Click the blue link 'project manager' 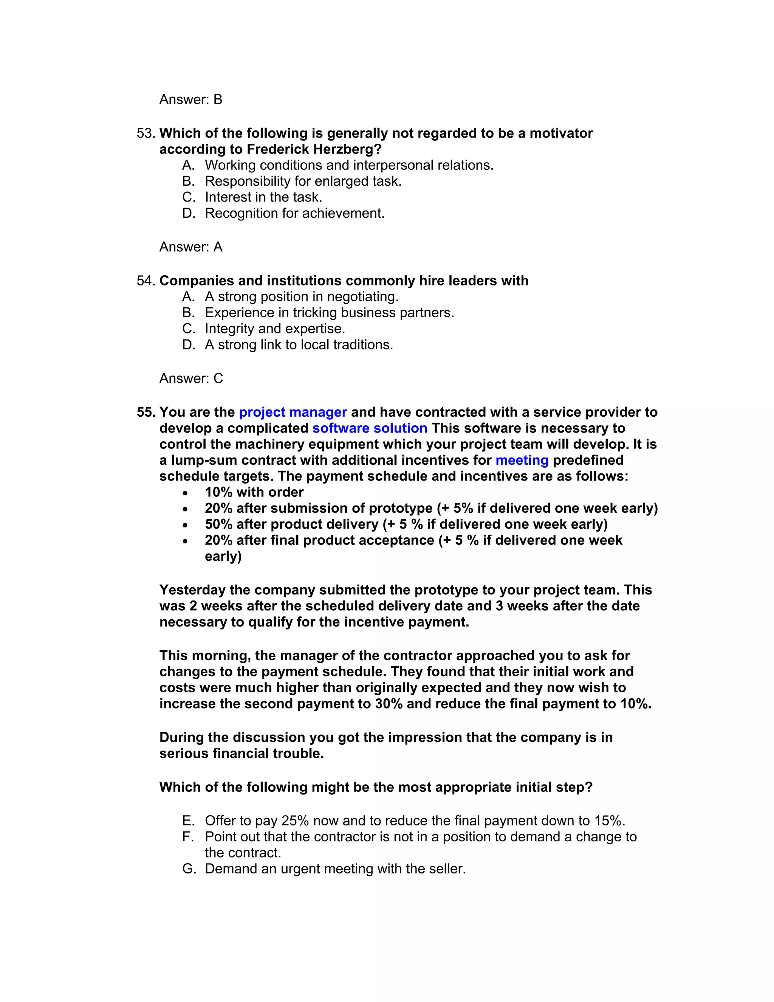(293, 412)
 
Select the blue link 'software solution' (370, 428)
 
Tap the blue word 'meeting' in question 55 (522, 460)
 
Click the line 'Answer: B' (191, 99)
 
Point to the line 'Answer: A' (191, 247)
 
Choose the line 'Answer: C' (191, 378)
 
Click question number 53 (146, 133)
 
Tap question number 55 (146, 412)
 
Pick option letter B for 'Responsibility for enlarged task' (189, 181)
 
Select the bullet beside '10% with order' (185, 493)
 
